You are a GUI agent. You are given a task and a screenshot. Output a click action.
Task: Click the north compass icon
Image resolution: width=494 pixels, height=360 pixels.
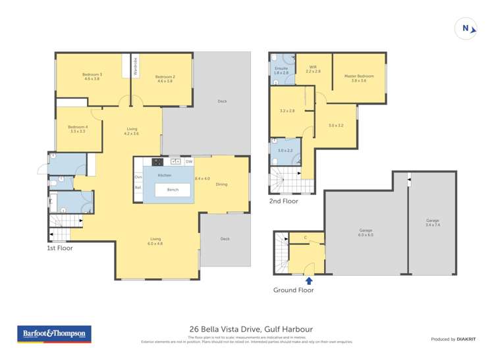pos(466,28)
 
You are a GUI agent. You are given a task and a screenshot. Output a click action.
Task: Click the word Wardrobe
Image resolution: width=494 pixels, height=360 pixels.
pos(136,66)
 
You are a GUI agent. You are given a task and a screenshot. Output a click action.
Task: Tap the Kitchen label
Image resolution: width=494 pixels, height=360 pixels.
pos(165,175)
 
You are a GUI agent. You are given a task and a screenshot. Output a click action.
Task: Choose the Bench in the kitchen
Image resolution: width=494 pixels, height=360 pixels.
pos(173,190)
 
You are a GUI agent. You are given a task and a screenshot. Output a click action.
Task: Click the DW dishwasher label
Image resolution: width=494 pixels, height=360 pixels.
pos(188,161)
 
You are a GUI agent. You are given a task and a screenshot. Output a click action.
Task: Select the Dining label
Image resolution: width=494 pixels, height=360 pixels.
pos(221,184)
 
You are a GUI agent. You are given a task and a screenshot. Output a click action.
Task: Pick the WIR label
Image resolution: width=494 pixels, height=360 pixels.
pos(313,68)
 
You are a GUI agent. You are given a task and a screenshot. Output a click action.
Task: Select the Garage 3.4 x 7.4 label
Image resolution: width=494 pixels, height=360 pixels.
pos(432,222)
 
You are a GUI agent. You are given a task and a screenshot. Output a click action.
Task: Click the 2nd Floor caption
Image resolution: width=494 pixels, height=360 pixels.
pos(283,201)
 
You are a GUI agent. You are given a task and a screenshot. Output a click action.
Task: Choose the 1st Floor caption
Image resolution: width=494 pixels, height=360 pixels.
pos(59,248)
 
